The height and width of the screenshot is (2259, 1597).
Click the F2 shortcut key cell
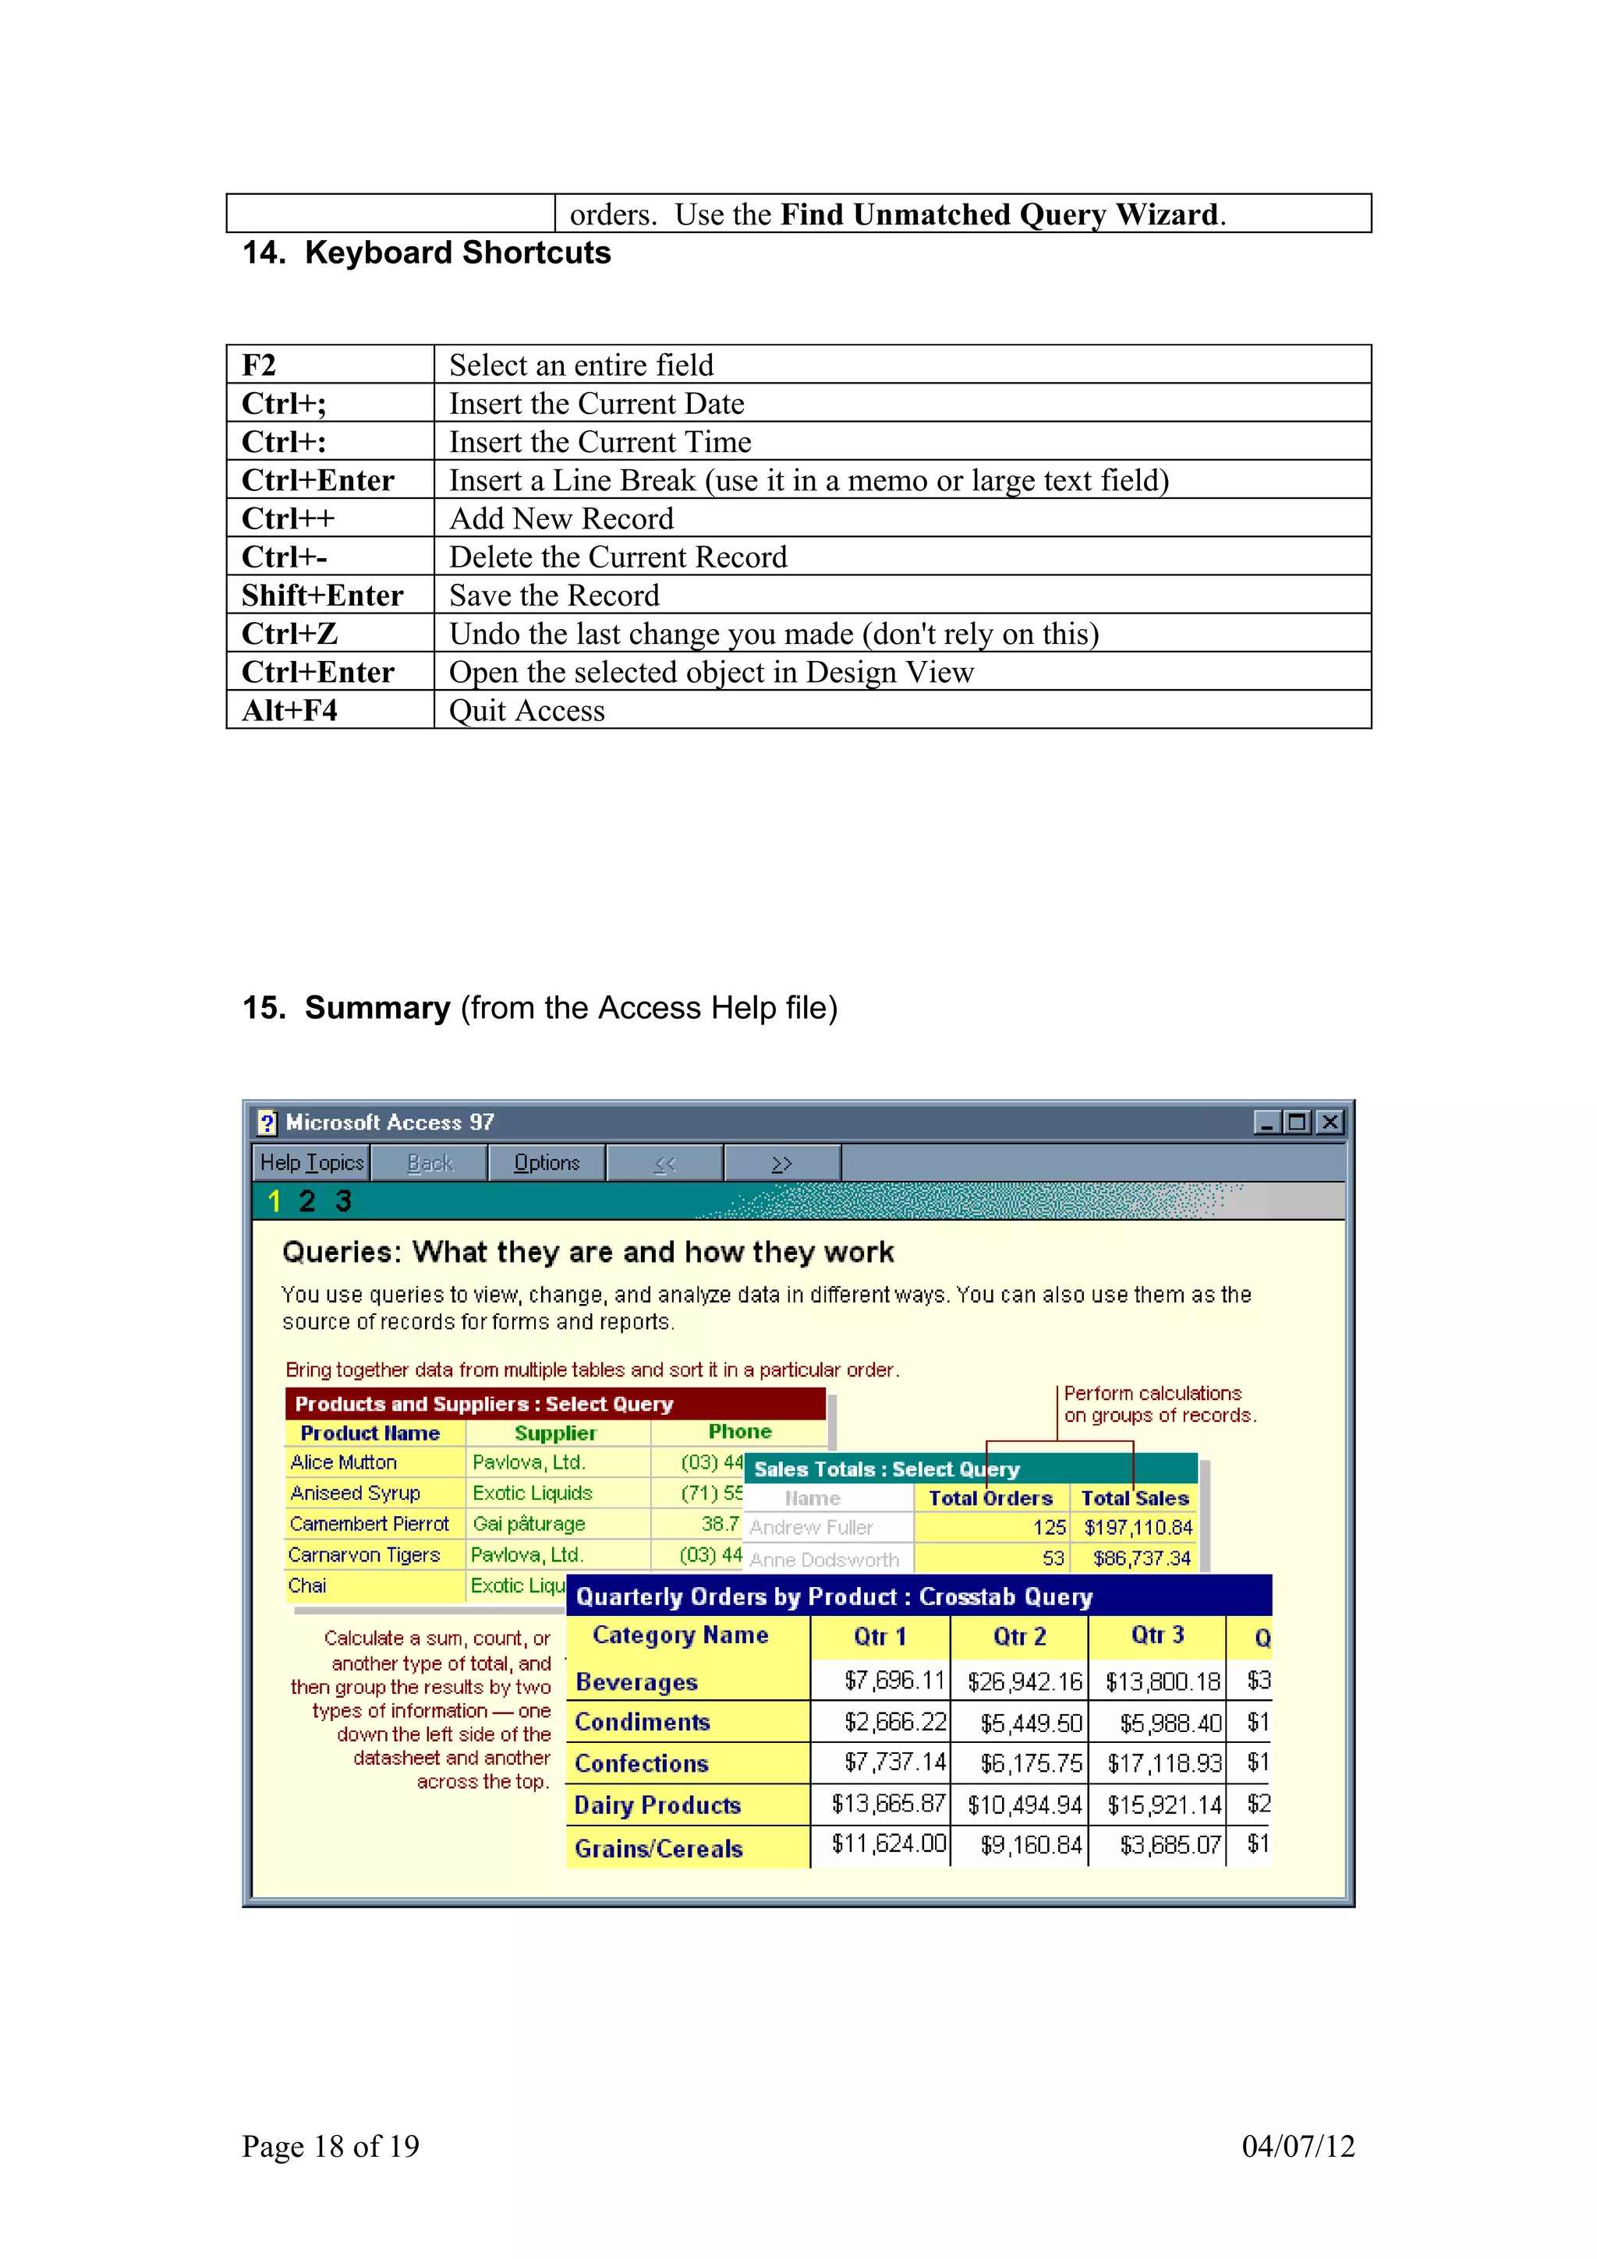tap(260, 365)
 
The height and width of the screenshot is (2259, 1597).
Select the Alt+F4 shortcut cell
tap(290, 710)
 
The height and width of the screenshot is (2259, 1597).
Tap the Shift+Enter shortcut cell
tap(323, 596)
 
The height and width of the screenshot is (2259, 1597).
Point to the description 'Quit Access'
tap(526, 710)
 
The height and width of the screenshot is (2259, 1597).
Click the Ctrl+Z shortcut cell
tap(290, 634)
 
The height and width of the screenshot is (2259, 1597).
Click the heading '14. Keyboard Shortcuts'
tap(427, 253)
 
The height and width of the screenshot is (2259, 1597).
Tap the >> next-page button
tap(781, 1163)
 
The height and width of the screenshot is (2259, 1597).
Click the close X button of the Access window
tap(1330, 1122)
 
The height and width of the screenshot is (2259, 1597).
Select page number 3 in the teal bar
tap(343, 1201)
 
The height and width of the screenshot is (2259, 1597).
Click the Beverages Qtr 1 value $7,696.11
tap(894, 1681)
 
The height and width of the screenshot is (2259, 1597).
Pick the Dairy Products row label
tap(657, 1805)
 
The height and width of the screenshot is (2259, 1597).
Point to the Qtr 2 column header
tap(1019, 1636)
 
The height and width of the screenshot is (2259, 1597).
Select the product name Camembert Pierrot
tap(369, 1524)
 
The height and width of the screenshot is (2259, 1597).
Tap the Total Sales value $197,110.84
tap(1138, 1528)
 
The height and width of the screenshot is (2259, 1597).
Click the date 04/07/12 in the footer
tap(1298, 2146)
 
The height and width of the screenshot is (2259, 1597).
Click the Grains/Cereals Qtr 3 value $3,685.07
tap(1169, 1845)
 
